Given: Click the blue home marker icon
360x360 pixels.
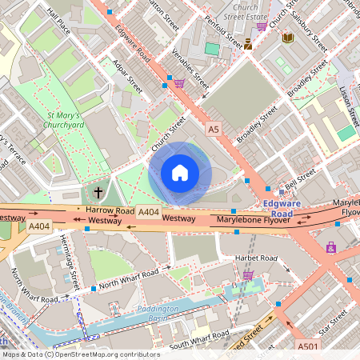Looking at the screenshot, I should point(179,173).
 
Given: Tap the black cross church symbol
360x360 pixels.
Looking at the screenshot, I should point(98,192).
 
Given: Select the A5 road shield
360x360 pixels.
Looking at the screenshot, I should point(213,128).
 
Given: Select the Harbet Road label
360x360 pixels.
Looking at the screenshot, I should point(255,258).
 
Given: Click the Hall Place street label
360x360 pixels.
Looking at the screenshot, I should point(59,22).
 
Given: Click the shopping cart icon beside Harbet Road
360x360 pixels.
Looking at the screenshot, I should point(248,275).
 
